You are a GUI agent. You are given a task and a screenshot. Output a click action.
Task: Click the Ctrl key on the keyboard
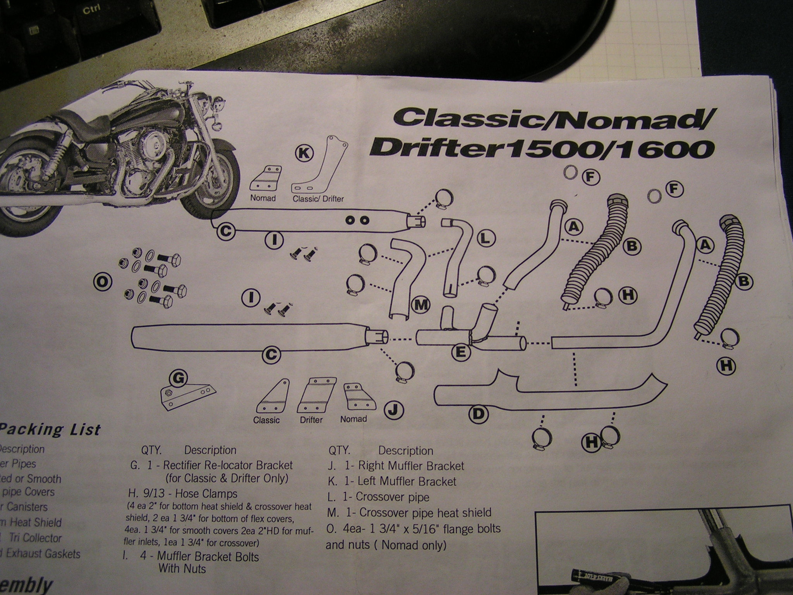(x=92, y=10)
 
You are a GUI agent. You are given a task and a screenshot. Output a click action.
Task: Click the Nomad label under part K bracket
(x=263, y=198)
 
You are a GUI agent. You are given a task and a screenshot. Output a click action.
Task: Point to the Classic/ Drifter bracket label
(x=318, y=199)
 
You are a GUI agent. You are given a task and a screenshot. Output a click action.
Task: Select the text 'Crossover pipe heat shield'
(x=425, y=512)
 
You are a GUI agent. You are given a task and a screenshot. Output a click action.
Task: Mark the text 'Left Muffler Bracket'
(x=418, y=482)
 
